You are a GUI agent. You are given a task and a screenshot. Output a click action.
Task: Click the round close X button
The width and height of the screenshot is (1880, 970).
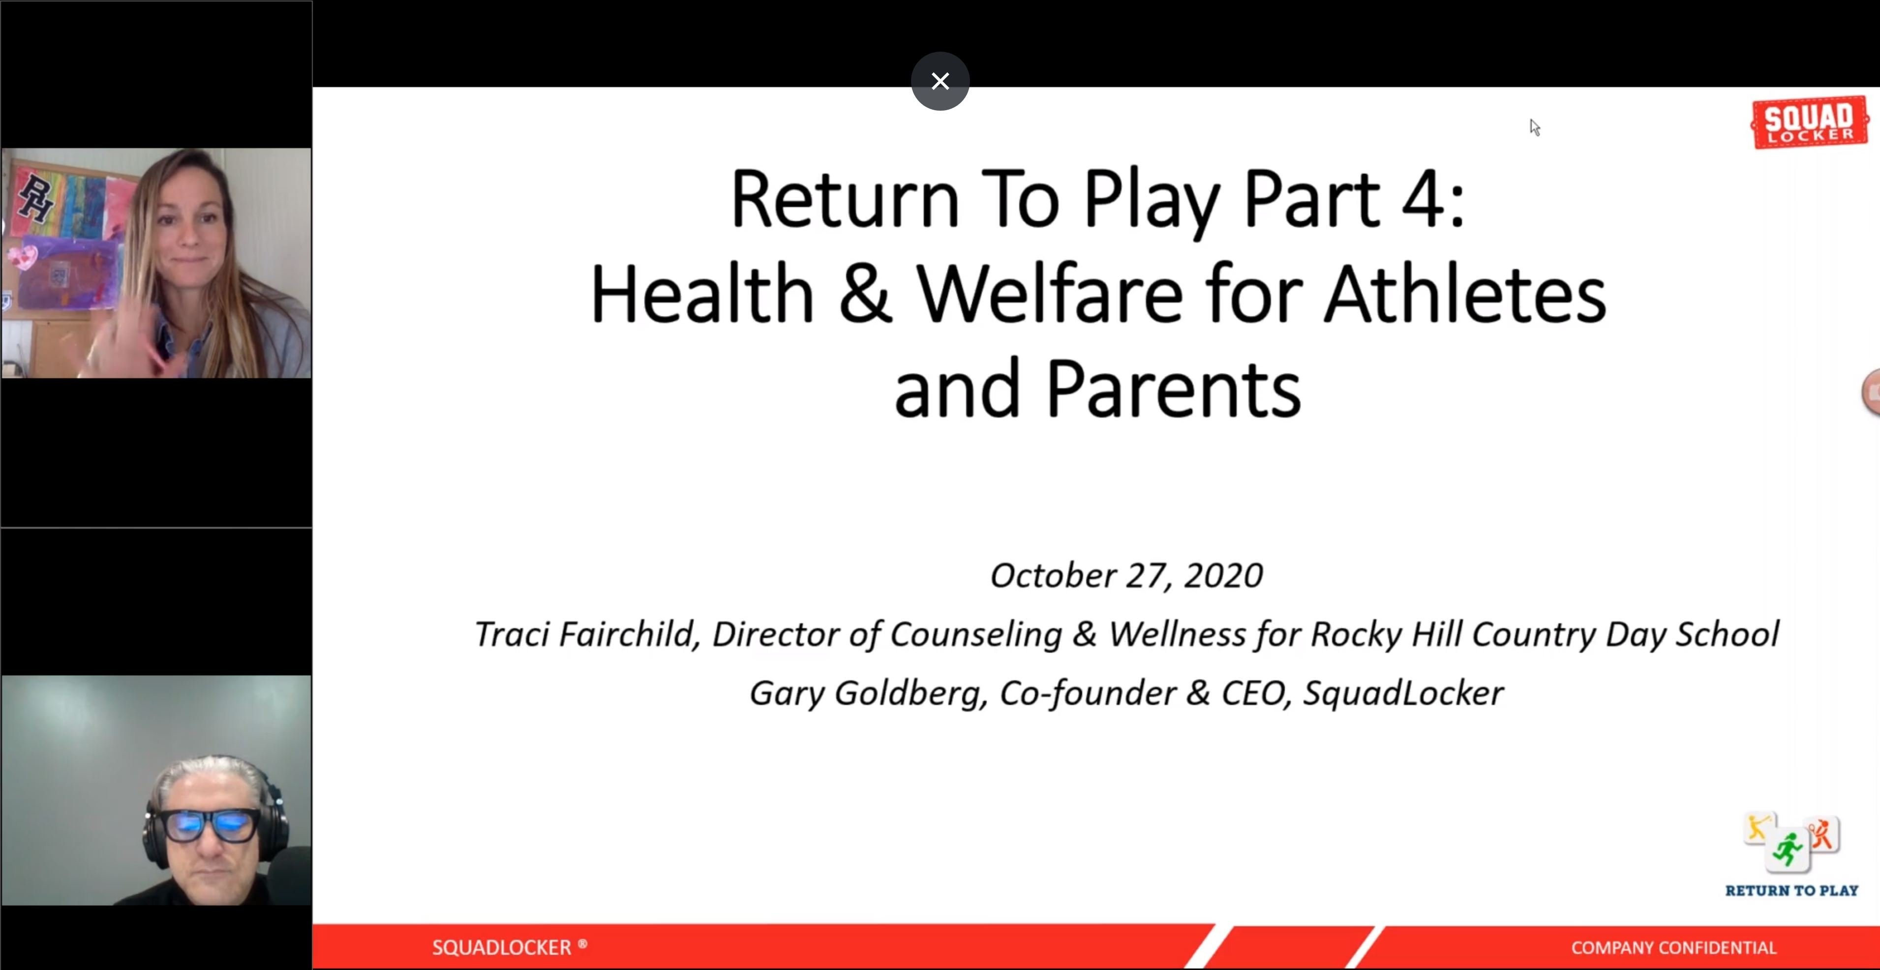tap(940, 81)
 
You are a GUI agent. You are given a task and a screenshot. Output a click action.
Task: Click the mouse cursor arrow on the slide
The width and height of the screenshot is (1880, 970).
tap(1535, 128)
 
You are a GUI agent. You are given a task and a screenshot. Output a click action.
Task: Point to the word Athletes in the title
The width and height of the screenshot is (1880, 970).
tap(1465, 294)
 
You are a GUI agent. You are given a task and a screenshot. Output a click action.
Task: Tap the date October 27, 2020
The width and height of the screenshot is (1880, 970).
tap(1126, 575)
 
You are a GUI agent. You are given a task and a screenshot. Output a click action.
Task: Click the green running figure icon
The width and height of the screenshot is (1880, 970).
tap(1788, 850)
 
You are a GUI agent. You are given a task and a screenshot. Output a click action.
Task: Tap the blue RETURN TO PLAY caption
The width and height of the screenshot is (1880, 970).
tap(1791, 890)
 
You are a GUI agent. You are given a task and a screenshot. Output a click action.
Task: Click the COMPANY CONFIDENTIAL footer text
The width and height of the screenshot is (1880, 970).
tap(1673, 947)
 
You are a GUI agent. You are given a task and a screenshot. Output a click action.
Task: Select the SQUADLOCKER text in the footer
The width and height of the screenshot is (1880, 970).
tap(502, 947)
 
